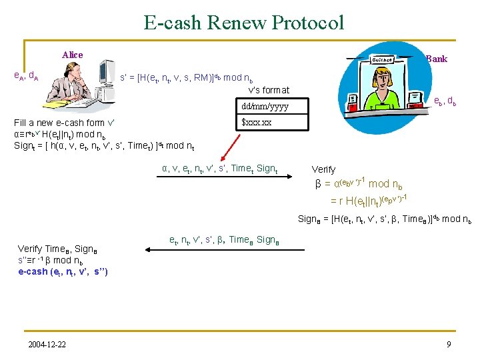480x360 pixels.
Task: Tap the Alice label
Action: tap(72, 55)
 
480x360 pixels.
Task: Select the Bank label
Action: tap(437, 59)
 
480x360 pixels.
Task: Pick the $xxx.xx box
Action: tap(257, 123)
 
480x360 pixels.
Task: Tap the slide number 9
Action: tap(448, 344)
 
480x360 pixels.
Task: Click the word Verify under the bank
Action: tap(324, 169)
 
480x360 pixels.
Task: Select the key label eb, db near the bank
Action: tap(445, 101)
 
